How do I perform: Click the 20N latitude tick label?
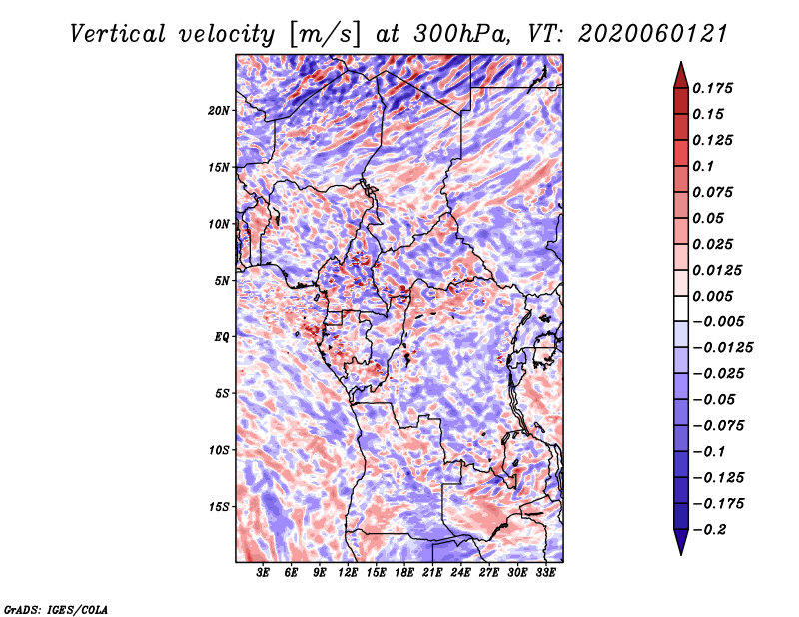(x=219, y=111)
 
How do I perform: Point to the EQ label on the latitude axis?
(x=222, y=337)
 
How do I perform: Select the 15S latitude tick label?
(x=219, y=507)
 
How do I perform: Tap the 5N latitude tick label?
(x=222, y=281)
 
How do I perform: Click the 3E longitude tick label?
(x=262, y=573)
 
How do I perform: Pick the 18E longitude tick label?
(x=403, y=573)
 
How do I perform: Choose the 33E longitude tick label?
(x=545, y=573)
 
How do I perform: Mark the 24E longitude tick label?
(x=460, y=573)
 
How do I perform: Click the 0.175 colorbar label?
(x=712, y=88)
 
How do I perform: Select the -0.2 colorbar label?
(x=709, y=530)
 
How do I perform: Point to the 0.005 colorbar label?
(x=712, y=296)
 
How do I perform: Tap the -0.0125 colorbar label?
(x=722, y=348)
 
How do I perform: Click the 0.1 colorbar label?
(x=703, y=166)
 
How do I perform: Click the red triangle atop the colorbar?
(x=681, y=76)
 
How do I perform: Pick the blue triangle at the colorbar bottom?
(x=681, y=542)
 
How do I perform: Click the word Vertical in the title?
(x=118, y=34)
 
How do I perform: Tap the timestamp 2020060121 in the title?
(x=653, y=34)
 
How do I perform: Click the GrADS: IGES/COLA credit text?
(x=56, y=609)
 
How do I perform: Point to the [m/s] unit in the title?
(x=326, y=34)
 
